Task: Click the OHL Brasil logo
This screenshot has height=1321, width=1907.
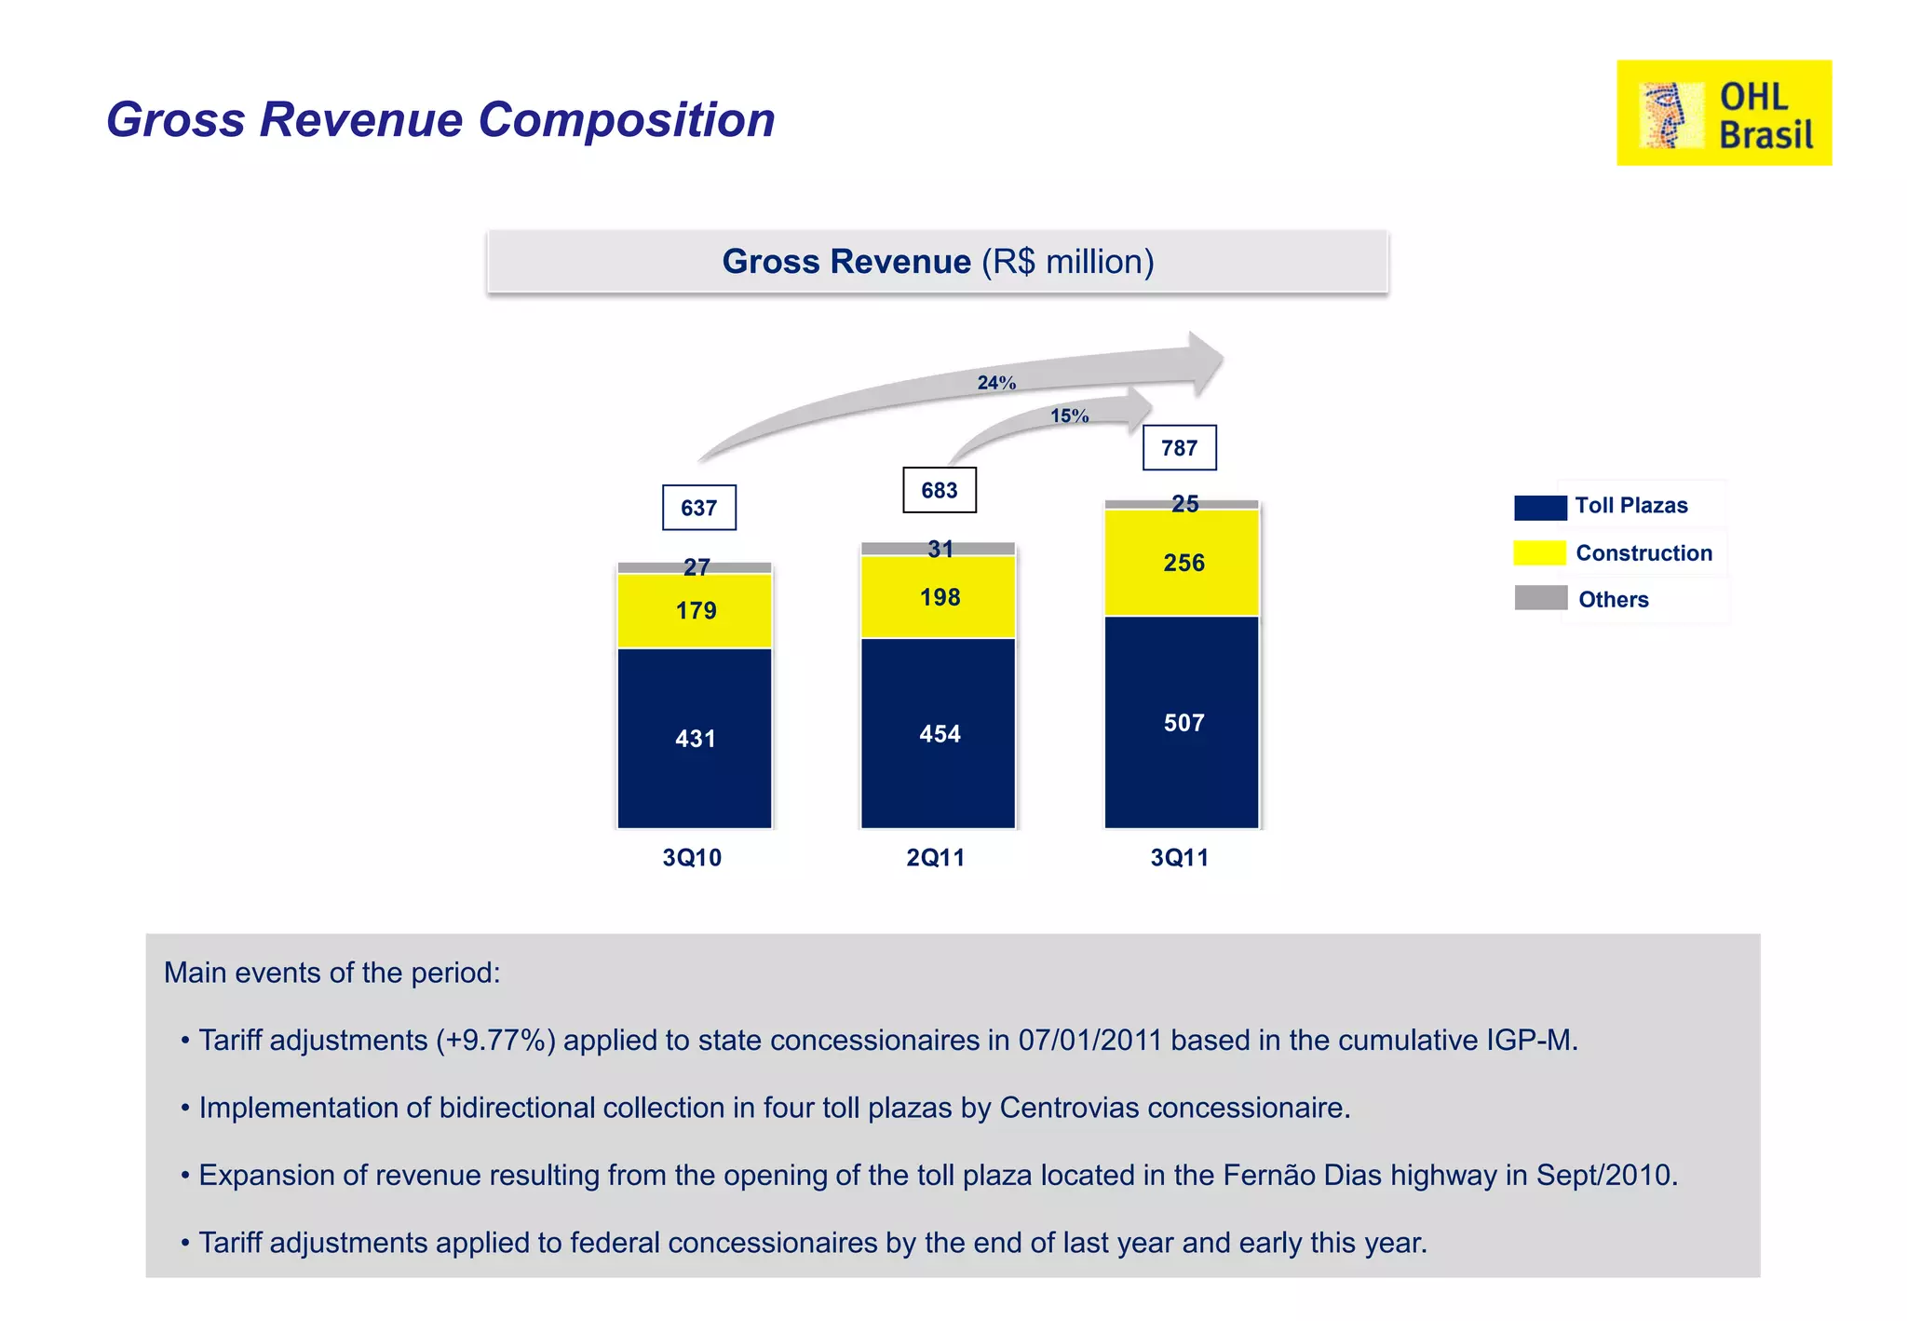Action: click(1723, 113)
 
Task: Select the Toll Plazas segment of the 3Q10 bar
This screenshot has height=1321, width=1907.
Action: click(695, 738)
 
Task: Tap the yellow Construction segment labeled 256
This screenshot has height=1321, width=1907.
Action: click(1182, 563)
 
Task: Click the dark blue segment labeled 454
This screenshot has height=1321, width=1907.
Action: click(938, 733)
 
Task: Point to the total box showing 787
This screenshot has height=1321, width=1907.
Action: click(1179, 448)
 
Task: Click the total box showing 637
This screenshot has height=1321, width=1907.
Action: click(698, 508)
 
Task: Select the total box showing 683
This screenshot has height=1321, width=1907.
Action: click(939, 490)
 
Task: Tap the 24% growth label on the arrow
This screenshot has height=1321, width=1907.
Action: click(995, 383)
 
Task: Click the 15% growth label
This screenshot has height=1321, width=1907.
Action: click(1069, 416)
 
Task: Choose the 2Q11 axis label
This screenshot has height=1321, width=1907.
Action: click(935, 858)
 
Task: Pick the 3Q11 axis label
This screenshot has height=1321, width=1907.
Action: click(1179, 858)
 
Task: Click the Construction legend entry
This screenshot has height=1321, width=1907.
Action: click(1643, 553)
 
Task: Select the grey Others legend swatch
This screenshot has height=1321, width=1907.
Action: click(1540, 598)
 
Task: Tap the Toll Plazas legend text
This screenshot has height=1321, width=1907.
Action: click(1630, 506)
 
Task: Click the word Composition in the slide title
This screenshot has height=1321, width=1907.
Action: click(626, 120)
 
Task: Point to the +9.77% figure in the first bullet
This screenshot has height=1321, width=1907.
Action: click(495, 1040)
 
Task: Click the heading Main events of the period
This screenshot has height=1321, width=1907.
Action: click(331, 973)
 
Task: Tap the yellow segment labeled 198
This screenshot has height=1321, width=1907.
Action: click(938, 597)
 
